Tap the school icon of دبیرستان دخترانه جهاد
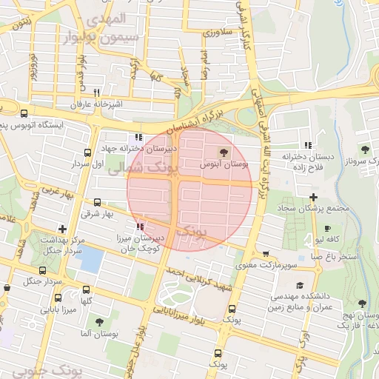(x=138, y=137)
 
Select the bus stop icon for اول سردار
(x=96, y=151)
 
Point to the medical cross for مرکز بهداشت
(x=61, y=229)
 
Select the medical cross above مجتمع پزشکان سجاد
(x=314, y=197)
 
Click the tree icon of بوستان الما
(x=99, y=322)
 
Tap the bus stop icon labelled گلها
(x=87, y=290)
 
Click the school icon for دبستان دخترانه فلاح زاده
(x=307, y=145)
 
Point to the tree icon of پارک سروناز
(x=363, y=150)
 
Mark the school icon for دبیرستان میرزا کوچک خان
(x=139, y=227)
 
